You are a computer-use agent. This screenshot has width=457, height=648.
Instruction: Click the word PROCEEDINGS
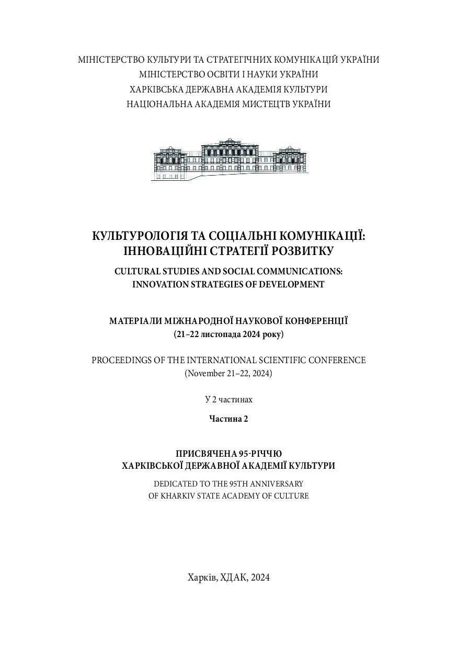125,360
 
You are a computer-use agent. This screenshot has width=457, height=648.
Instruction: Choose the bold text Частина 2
229,418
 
